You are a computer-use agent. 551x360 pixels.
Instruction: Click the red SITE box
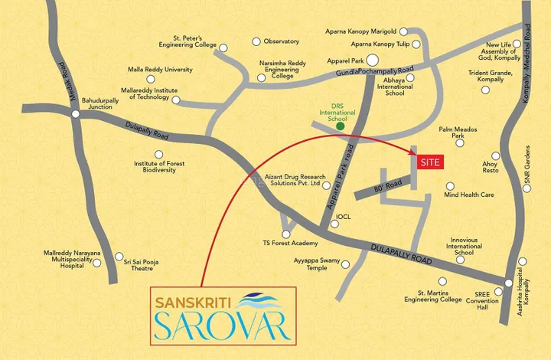tap(430, 162)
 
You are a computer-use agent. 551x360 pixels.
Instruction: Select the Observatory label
tap(281, 41)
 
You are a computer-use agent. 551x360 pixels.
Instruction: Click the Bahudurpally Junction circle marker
tap(77, 114)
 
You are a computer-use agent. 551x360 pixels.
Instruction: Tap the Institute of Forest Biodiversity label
tap(155, 167)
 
